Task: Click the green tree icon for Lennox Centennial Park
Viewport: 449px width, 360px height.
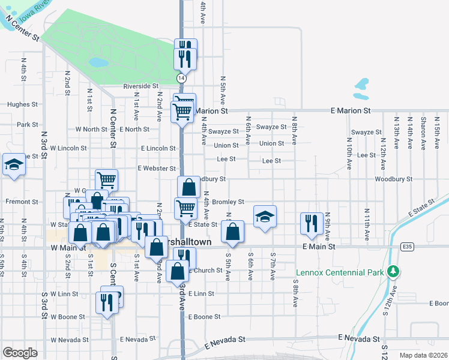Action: click(x=393, y=272)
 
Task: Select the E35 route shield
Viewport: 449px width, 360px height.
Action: click(x=408, y=246)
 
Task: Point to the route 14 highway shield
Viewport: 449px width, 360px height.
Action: click(x=181, y=79)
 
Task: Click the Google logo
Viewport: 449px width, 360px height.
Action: click(x=20, y=352)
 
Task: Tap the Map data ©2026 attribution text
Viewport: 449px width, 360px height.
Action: click(x=423, y=355)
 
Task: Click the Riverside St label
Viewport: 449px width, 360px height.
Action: click(x=140, y=86)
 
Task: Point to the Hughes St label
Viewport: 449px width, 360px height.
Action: click(x=23, y=104)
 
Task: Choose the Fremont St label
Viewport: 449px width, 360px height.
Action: click(x=22, y=202)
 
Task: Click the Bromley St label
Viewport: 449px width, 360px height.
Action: click(x=228, y=202)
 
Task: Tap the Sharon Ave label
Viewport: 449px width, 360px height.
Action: click(x=423, y=137)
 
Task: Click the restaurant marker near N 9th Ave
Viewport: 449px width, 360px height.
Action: click(x=310, y=223)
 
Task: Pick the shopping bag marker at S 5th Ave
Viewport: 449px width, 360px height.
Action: click(x=232, y=232)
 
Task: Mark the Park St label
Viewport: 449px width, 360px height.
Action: click(x=28, y=125)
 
